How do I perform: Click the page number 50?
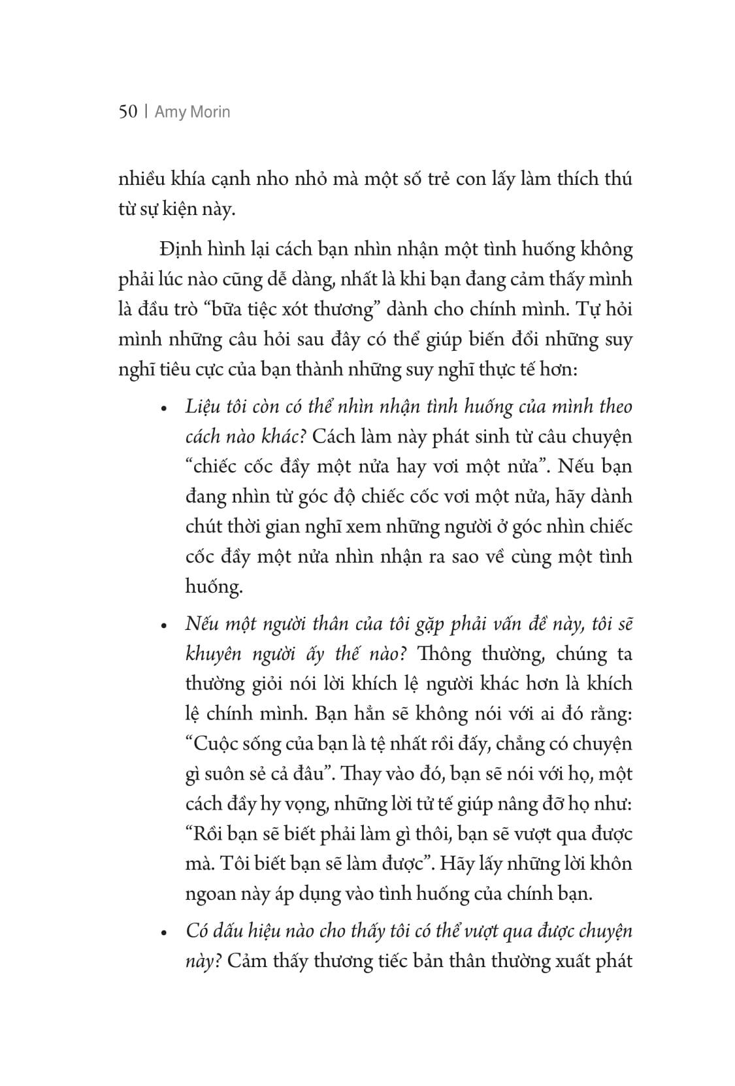pos(128,112)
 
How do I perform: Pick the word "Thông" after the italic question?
pos(446,654)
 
